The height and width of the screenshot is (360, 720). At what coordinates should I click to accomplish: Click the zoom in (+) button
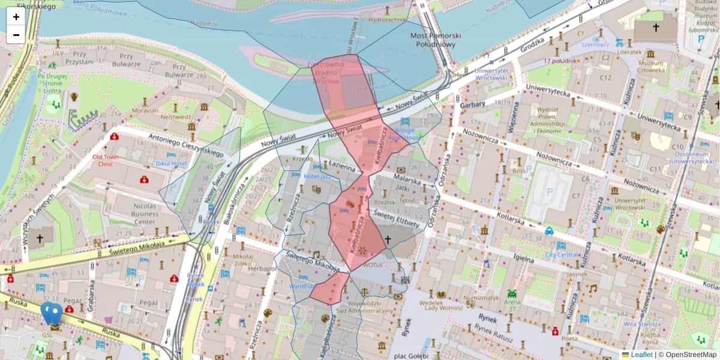coord(16,17)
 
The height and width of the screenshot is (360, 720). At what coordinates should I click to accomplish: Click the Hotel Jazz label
coord(318,176)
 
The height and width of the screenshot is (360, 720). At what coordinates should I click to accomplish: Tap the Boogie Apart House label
coord(405,134)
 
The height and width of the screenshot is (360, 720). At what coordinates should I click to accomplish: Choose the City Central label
coord(562,254)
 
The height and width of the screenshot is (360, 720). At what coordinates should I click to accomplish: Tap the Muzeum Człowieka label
coord(651,66)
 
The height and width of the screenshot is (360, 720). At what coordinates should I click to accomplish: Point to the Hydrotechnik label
coord(388,20)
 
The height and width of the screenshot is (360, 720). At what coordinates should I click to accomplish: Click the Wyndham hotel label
coord(302,286)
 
